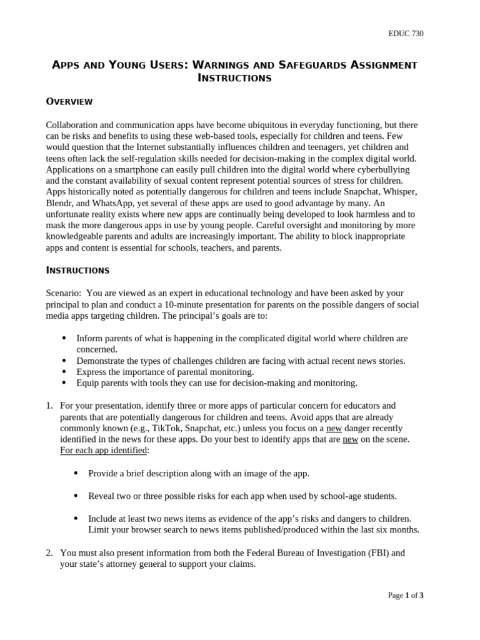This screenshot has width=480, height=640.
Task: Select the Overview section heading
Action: point(69,101)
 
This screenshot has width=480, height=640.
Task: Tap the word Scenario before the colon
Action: point(63,292)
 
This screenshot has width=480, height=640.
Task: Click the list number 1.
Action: point(49,406)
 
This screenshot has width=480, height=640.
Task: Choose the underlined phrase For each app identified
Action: point(103,451)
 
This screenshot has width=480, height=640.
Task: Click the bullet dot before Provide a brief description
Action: point(76,473)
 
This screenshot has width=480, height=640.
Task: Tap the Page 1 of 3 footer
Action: point(406,595)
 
